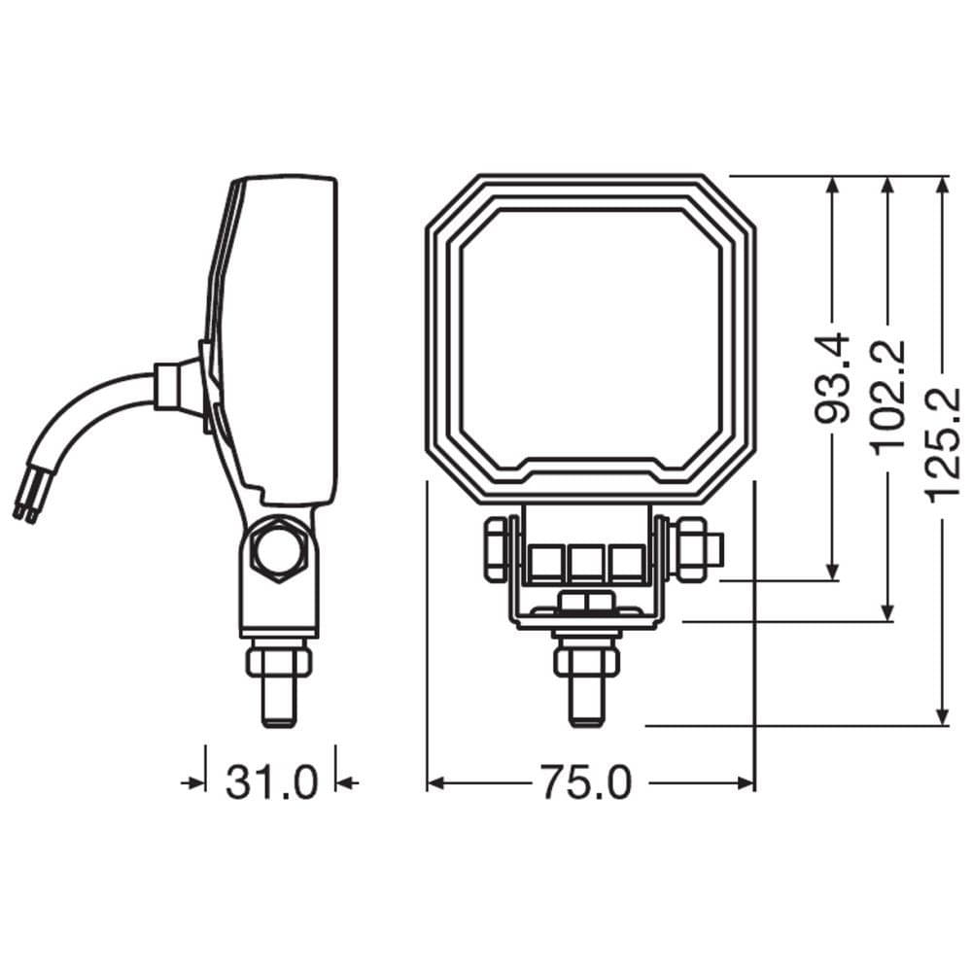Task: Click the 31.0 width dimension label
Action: [271, 782]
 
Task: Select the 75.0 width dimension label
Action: [586, 782]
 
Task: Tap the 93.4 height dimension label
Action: [832, 379]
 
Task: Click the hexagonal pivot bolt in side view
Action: [280, 549]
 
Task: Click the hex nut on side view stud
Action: [279, 662]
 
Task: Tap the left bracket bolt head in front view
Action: [495, 549]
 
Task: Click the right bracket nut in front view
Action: [691, 549]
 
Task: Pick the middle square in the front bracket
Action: [586, 563]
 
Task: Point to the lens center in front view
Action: [590, 335]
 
